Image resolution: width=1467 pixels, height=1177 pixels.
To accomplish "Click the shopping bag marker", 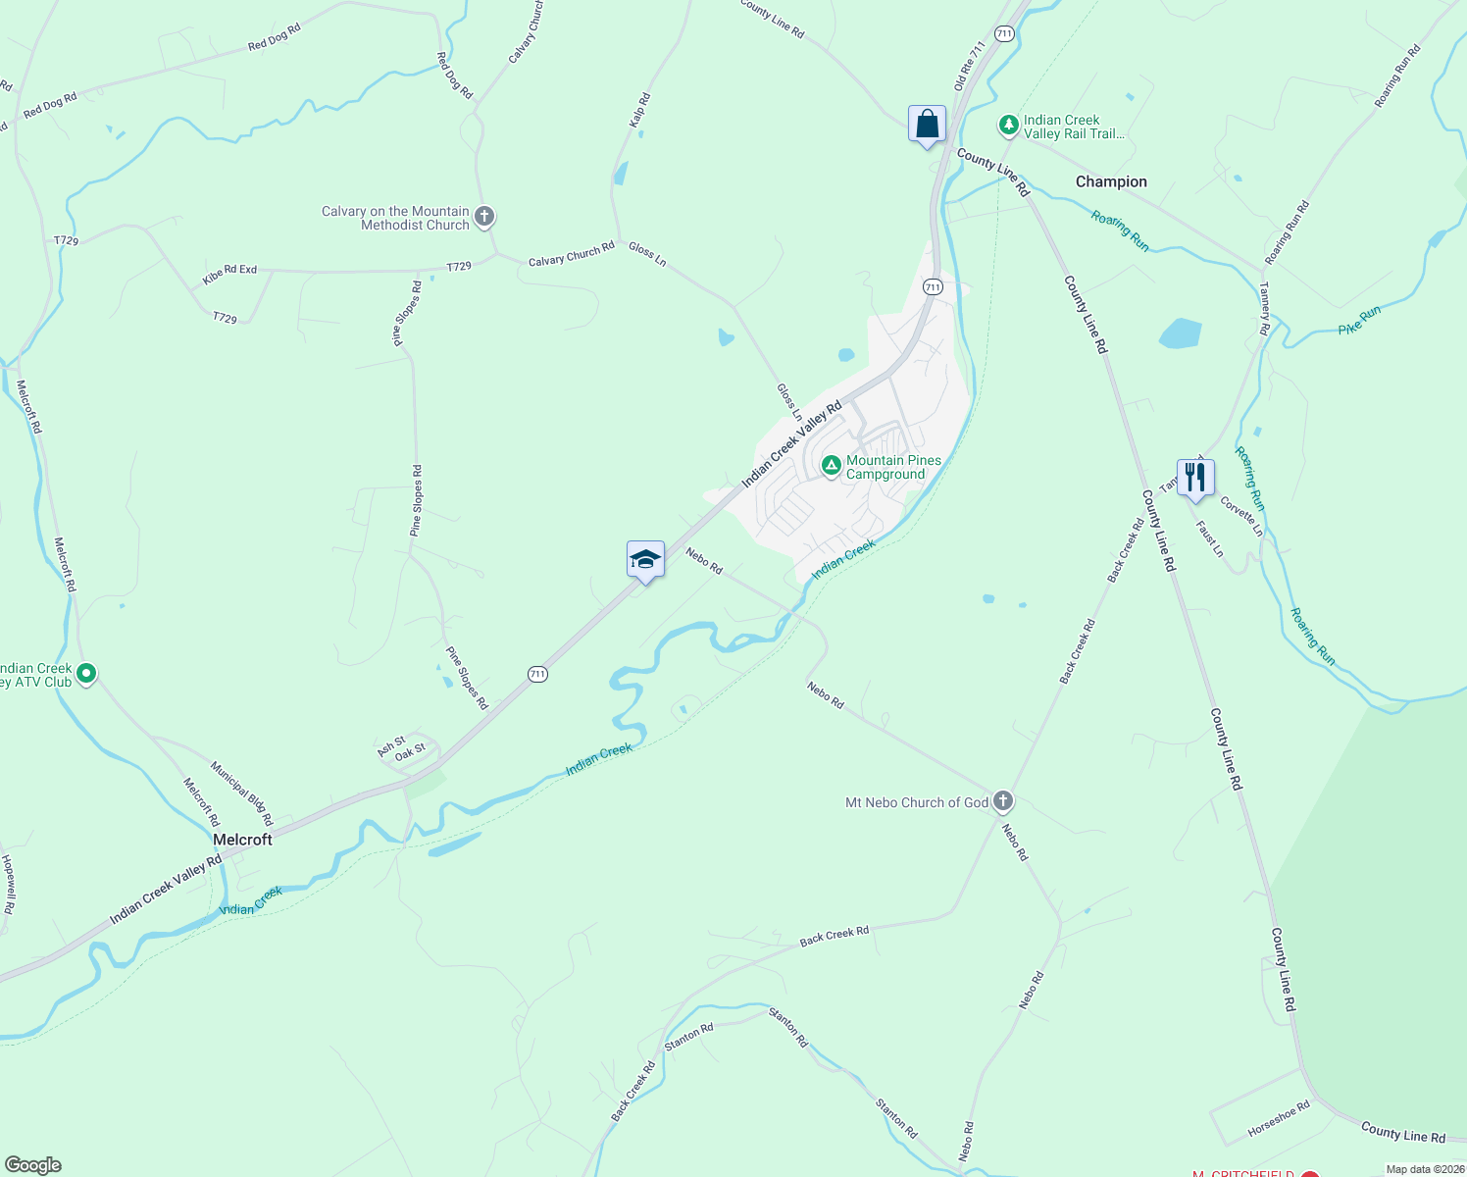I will click(x=927, y=125).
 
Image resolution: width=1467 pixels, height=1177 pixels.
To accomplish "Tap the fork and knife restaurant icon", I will click(x=1195, y=479).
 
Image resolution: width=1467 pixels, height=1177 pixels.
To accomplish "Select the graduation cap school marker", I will click(x=645, y=560).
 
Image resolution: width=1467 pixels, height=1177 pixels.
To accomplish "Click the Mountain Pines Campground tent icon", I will click(x=831, y=466).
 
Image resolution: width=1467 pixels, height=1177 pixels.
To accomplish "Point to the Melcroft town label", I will click(x=242, y=840).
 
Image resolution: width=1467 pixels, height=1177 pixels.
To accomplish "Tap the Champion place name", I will click(x=1111, y=181).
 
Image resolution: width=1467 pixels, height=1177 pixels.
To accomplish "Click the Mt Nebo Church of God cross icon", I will click(x=1002, y=802).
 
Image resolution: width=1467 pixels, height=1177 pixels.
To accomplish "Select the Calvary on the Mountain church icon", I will click(x=484, y=217).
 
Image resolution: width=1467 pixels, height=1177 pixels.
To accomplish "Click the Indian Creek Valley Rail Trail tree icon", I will click(x=1008, y=126).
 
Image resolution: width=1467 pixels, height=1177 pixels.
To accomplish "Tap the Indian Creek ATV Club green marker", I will click(x=86, y=674).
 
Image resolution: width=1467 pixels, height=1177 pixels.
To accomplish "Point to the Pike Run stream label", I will click(x=1359, y=321).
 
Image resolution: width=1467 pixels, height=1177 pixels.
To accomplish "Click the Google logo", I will click(x=33, y=1165).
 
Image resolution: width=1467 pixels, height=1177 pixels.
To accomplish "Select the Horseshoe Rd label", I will click(x=1279, y=1119).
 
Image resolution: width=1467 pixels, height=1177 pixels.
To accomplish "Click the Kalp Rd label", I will click(x=639, y=110).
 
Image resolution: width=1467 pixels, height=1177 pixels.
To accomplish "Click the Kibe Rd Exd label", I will click(x=229, y=275).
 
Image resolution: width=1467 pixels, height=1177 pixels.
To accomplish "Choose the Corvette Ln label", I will click(x=1241, y=516).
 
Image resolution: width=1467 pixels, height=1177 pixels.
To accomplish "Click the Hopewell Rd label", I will click(x=9, y=884).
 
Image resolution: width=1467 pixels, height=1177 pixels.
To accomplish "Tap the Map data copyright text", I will click(x=1424, y=1169).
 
